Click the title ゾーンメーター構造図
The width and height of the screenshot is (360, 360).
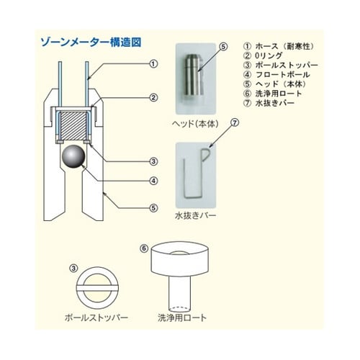[91, 42]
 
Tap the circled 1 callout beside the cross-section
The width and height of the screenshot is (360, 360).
[153, 64]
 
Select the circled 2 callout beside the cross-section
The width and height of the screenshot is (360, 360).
[153, 98]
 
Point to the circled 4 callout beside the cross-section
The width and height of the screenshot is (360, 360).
[153, 181]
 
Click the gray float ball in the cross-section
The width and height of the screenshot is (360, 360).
[73, 156]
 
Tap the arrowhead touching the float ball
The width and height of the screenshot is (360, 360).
[84, 166]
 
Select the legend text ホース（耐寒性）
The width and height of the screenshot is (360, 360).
[284, 46]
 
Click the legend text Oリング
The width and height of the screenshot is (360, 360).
[269, 55]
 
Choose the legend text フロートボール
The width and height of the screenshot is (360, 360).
[282, 74]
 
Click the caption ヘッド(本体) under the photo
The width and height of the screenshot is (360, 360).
[195, 124]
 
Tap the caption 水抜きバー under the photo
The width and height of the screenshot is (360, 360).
[195, 215]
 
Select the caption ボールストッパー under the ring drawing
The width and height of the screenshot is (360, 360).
[96, 318]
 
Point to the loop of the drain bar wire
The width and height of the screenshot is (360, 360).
[206, 155]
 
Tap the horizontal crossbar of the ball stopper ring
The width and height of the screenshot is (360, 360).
[97, 288]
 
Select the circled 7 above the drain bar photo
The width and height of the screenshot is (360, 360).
[235, 122]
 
